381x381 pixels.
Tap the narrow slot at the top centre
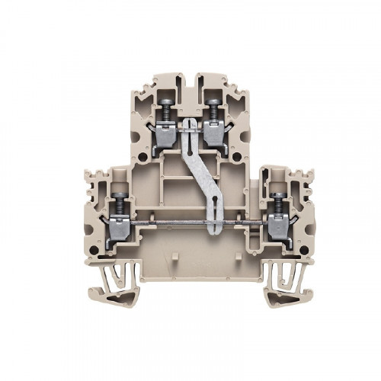tap(190, 85)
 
